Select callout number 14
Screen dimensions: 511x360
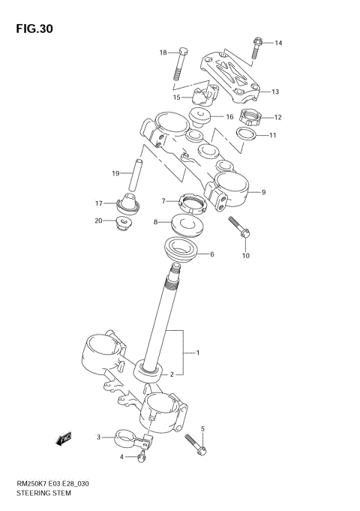coord(277,43)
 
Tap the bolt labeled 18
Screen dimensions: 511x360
coord(179,65)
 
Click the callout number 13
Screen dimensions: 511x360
coord(275,92)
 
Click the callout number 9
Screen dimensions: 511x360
coord(263,193)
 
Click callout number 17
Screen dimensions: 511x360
coord(98,203)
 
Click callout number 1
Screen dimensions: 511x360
coord(197,352)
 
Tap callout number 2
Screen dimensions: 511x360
coord(172,374)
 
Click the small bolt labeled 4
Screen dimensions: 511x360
coord(139,455)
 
